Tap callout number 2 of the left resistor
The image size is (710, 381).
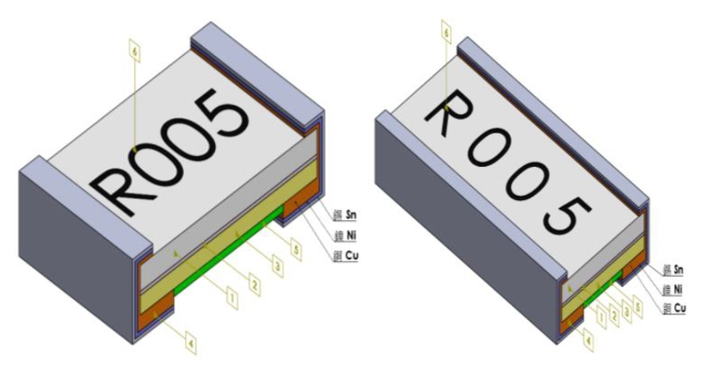(x=254, y=283)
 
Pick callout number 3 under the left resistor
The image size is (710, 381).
(x=277, y=264)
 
